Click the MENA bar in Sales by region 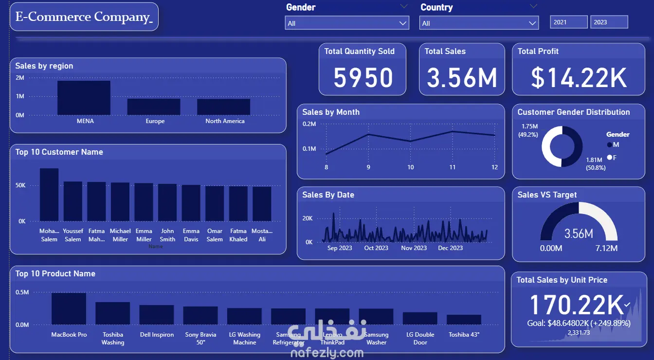(x=84, y=98)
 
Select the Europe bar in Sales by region (x=154, y=107)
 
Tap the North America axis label (x=225, y=121)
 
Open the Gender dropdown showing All (x=347, y=23)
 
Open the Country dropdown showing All (x=479, y=23)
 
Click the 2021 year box (x=569, y=22)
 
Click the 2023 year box (x=609, y=22)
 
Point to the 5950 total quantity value (x=363, y=78)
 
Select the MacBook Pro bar (x=69, y=308)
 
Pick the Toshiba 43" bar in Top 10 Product (x=464, y=320)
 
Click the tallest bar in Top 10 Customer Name (x=49, y=195)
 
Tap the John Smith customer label (x=167, y=235)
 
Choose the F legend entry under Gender (x=612, y=158)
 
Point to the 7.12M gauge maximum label (x=606, y=249)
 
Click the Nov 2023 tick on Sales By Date (x=414, y=248)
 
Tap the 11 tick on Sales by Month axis (x=453, y=167)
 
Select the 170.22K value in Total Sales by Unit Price (x=576, y=305)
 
